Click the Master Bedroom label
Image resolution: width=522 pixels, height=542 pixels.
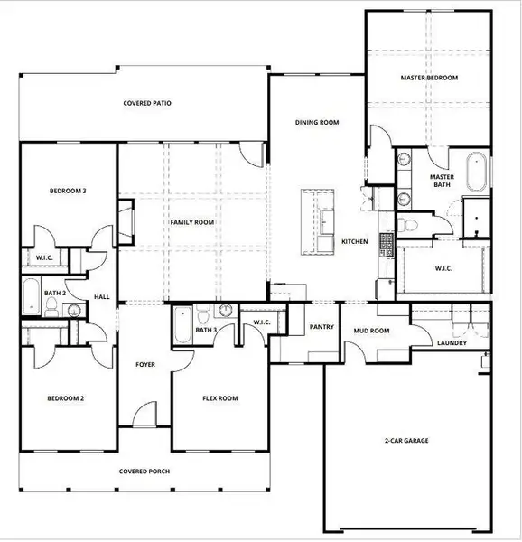(x=429, y=79)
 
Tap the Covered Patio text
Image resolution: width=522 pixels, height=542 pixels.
(x=147, y=103)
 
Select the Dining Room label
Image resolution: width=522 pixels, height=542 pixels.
(x=317, y=122)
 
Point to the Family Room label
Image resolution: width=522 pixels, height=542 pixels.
(x=192, y=221)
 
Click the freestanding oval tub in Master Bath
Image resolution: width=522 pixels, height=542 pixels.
(x=476, y=173)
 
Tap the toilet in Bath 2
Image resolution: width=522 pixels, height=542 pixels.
(x=52, y=309)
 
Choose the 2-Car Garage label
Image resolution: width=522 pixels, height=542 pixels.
(x=406, y=441)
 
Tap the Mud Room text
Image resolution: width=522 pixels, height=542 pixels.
(x=370, y=331)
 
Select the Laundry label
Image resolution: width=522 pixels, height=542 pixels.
(x=451, y=343)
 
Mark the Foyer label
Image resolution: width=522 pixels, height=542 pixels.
(x=144, y=366)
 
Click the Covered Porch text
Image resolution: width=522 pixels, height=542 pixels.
(x=144, y=472)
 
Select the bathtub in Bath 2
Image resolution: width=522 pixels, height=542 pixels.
(x=31, y=294)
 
